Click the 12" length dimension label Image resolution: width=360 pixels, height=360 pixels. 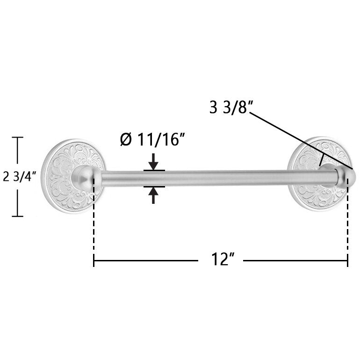click(x=223, y=259)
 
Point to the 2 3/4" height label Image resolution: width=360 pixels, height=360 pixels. click(x=20, y=177)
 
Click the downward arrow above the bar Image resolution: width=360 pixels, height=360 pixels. click(x=153, y=162)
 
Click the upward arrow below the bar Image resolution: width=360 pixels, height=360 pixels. click(x=153, y=195)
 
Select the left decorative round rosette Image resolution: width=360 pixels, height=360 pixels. click(x=72, y=176)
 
